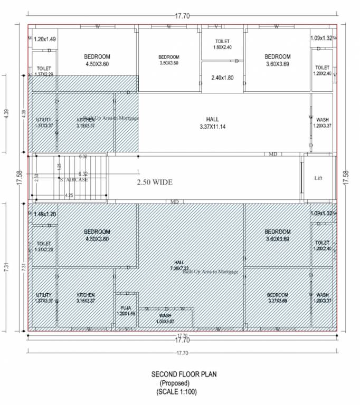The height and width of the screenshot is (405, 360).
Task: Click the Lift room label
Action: (318, 178)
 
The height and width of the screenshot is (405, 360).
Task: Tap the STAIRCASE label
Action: (75, 180)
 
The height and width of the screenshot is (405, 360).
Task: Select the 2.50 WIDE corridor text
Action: (155, 182)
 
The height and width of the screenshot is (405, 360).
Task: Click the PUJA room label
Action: (127, 310)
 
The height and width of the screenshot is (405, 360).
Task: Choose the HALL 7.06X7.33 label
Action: (179, 265)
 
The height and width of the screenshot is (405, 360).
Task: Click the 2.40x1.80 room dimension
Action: (222, 78)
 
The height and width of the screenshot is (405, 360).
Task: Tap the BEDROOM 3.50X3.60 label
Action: (169, 60)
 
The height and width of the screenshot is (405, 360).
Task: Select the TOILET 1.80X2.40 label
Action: (223, 44)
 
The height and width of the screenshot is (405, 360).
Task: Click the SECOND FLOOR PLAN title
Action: (180, 374)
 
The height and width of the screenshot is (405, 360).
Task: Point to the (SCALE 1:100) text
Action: (180, 392)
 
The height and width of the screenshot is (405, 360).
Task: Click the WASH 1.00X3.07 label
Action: (165, 318)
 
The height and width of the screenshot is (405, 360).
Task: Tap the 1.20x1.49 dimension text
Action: (45, 39)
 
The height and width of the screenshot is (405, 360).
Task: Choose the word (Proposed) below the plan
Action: (180, 383)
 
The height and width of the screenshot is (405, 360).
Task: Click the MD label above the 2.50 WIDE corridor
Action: (273, 154)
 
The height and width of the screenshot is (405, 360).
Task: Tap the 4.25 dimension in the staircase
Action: (69, 195)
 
